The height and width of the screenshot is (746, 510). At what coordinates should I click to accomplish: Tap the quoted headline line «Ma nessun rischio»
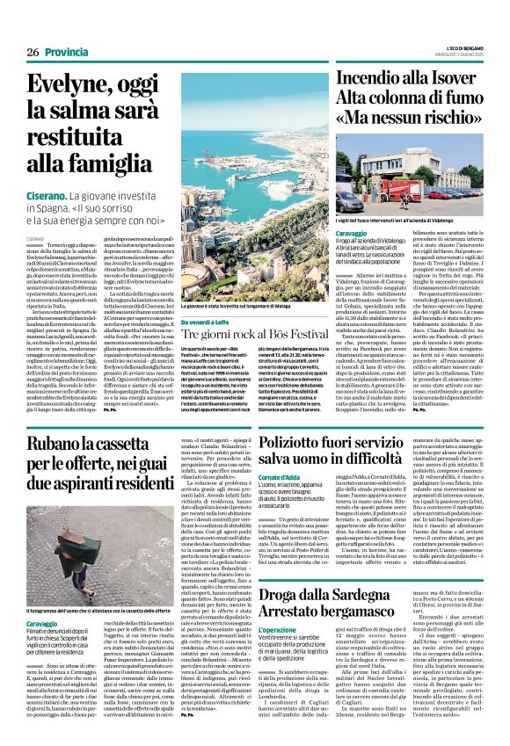(x=411, y=117)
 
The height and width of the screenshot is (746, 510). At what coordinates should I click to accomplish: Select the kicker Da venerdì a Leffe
(x=208, y=323)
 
